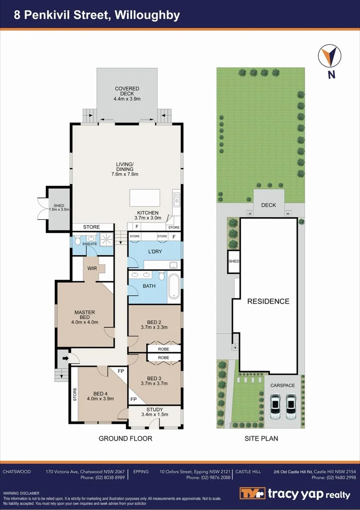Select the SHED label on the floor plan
pos(59,205)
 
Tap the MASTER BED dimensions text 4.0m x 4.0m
pos(85,323)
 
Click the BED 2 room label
pos(154,321)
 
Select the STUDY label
pos(154,409)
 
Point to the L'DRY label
pos(154,252)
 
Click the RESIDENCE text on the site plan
pos(268,301)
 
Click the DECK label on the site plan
pos(268,205)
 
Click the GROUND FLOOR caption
pos(125,439)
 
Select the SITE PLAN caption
pos(261,439)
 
